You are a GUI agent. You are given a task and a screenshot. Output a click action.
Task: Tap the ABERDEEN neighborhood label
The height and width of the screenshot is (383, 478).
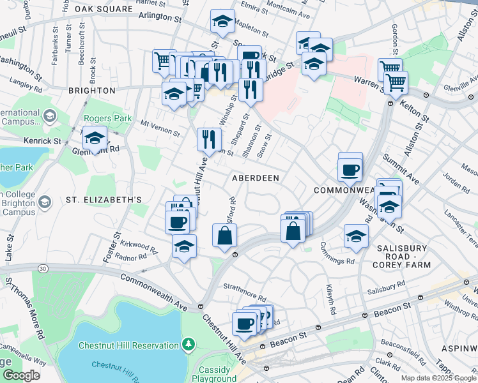click(256, 178)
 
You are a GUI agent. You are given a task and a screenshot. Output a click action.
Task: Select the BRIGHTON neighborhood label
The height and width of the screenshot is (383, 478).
click(91, 91)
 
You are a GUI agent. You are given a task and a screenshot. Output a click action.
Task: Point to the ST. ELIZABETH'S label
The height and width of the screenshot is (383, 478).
click(104, 200)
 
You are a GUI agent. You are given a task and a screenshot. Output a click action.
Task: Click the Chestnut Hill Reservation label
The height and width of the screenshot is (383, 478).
click(128, 345)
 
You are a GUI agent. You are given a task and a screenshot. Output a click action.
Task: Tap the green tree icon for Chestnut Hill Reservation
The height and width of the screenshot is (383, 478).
click(188, 345)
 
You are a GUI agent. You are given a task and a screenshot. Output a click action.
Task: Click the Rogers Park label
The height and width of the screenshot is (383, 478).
click(107, 118)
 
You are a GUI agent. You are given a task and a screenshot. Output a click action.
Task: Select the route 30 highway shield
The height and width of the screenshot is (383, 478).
click(42, 269)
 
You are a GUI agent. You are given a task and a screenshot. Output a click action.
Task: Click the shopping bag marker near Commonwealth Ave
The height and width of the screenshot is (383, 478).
click(224, 236)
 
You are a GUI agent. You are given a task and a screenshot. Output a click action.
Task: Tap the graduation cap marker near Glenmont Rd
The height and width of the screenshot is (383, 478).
click(95, 139)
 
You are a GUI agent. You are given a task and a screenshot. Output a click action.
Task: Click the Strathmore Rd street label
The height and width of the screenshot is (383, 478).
click(245, 296)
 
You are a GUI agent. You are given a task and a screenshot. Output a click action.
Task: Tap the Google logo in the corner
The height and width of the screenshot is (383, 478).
click(20, 375)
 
